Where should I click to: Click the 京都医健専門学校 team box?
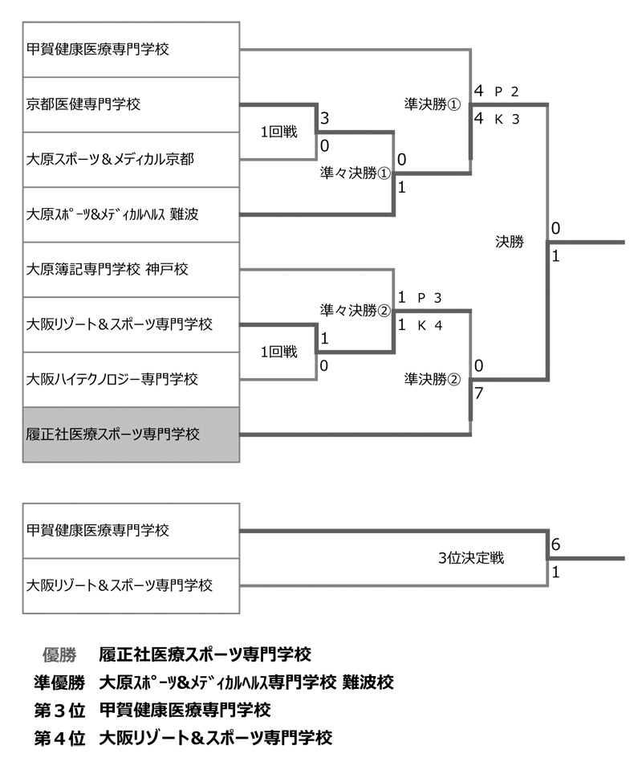click(131, 104)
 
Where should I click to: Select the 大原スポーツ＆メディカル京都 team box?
click(131, 159)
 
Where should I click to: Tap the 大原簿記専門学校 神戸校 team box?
click(131, 269)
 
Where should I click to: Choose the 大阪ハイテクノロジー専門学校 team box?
click(131, 379)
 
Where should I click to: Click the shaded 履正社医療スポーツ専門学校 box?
click(131, 434)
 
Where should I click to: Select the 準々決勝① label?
click(355, 173)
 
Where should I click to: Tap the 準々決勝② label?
click(355, 310)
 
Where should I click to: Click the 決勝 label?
click(509, 241)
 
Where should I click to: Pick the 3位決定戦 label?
click(471, 558)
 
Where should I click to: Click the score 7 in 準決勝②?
click(478, 393)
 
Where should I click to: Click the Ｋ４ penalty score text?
click(430, 324)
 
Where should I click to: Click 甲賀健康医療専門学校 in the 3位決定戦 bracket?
click(131, 531)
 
